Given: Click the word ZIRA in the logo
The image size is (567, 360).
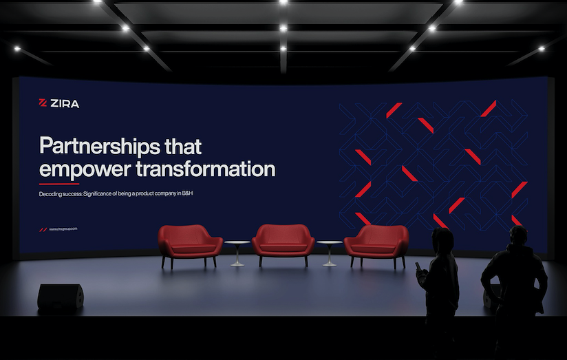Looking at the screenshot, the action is [65, 104].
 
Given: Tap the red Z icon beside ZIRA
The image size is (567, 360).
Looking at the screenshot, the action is [43, 103].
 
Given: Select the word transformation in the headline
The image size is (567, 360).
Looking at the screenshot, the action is [205, 169].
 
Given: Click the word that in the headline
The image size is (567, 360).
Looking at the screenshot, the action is [183, 146].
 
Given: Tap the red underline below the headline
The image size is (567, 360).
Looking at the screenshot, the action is [59, 184].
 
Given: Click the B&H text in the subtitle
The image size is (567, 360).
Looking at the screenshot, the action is [187, 193].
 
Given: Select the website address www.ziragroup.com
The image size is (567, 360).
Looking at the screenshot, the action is [63, 229].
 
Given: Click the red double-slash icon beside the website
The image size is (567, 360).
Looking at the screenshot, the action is [43, 230].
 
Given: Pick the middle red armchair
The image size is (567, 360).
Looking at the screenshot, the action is [283, 244].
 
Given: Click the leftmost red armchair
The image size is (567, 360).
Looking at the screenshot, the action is [190, 245].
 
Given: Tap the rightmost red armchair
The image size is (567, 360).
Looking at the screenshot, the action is [376, 245].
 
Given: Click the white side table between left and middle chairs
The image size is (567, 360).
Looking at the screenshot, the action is [237, 253].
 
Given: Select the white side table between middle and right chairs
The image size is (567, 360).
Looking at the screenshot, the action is [330, 253].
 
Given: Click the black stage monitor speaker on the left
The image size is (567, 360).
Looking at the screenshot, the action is [61, 297].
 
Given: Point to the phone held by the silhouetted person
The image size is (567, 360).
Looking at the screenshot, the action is [418, 267].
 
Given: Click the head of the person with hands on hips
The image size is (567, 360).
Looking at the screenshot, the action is [519, 236].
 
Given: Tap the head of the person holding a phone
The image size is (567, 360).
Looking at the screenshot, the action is [443, 239].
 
